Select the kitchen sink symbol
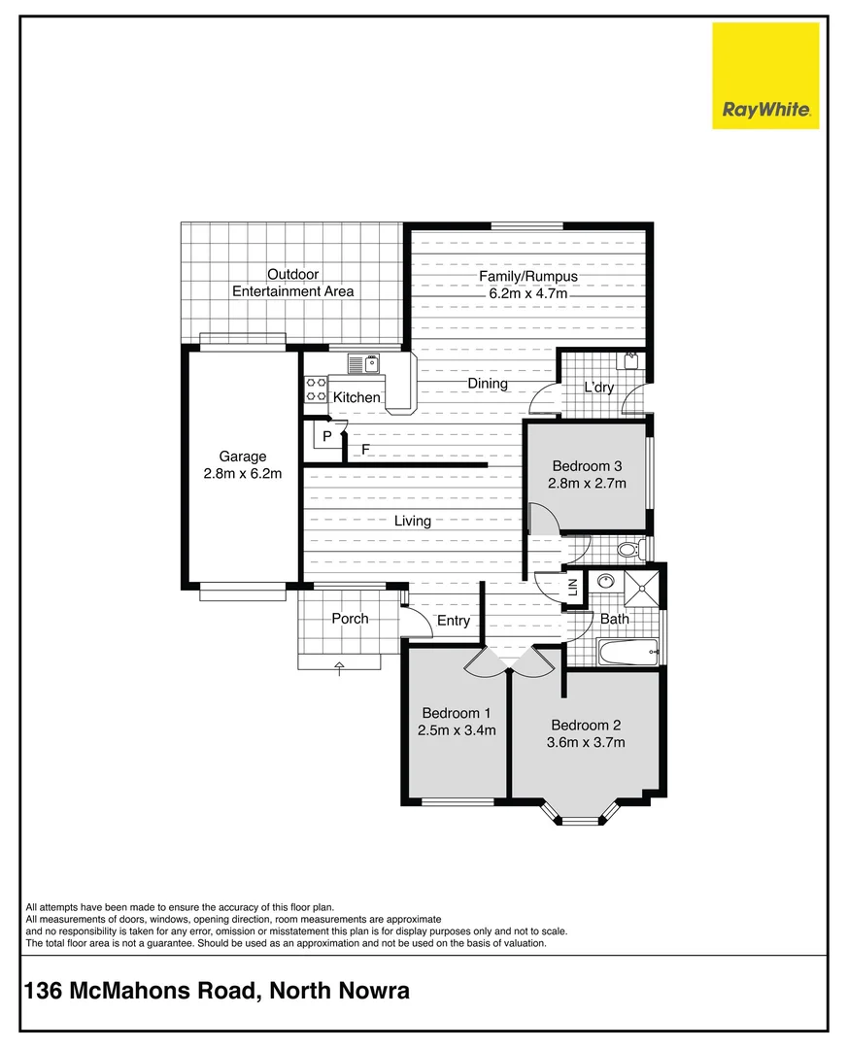click(363, 364)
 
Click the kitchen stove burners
click(317, 389)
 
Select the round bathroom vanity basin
click(607, 582)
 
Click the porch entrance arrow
click(339, 667)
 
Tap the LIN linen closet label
click(573, 587)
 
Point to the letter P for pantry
click(327, 436)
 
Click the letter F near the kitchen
click(366, 450)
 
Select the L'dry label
click(598, 388)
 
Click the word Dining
click(488, 384)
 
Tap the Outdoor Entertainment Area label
click(292, 283)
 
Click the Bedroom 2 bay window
click(582, 817)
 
